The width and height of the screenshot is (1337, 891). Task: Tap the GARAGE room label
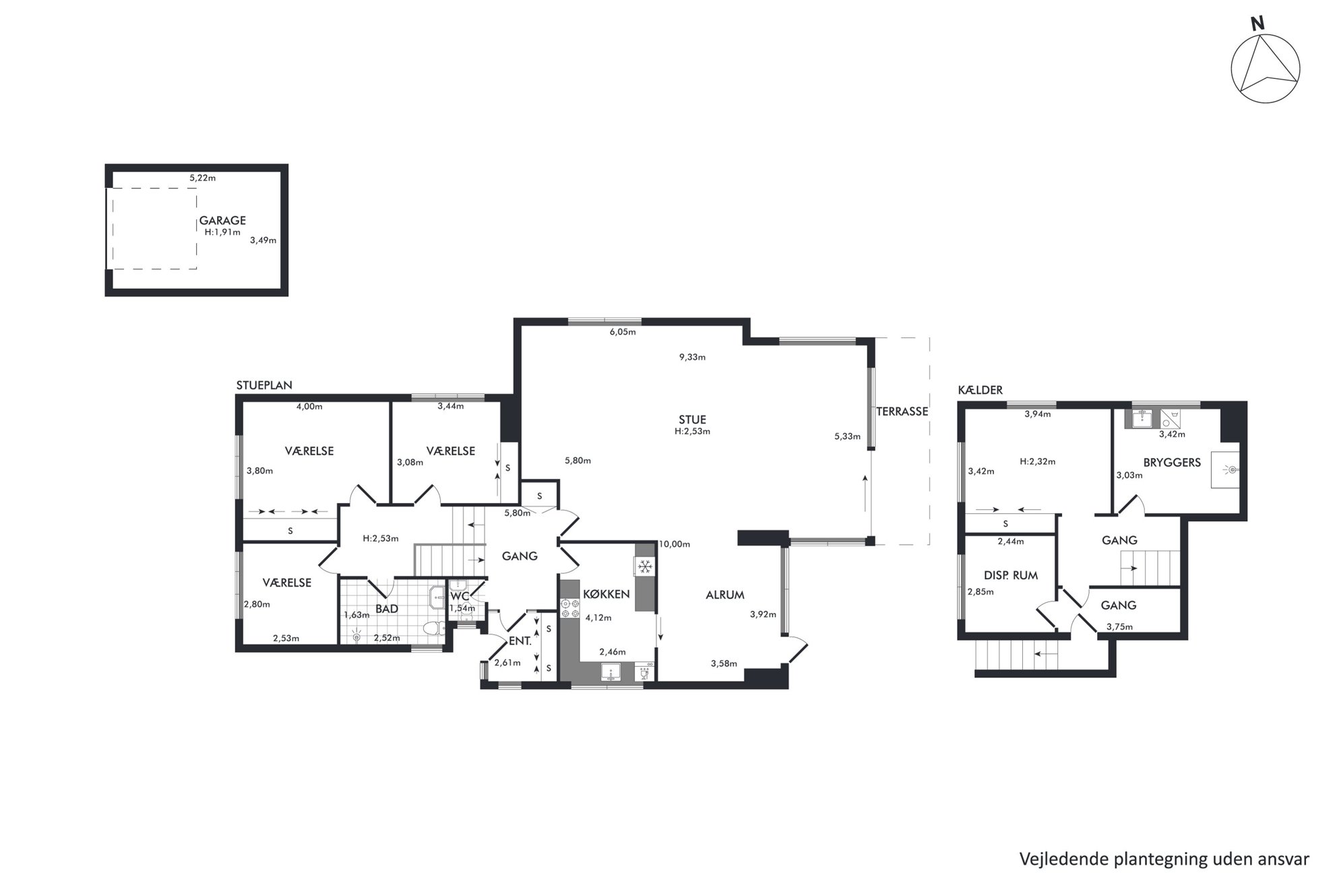tap(222, 220)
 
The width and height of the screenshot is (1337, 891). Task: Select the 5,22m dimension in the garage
tap(202, 178)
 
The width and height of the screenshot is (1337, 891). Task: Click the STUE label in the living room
tap(692, 420)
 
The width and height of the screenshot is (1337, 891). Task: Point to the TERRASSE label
tap(902, 411)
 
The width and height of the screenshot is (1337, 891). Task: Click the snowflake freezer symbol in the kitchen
tap(644, 566)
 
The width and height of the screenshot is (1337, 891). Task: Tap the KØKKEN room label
tap(607, 594)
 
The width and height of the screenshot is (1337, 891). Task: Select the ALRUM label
tap(725, 595)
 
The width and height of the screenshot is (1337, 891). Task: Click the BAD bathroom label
tap(387, 609)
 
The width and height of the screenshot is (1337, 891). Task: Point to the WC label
tap(460, 596)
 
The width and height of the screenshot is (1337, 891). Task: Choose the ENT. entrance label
tap(520, 641)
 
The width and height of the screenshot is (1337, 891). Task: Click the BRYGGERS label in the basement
tap(1172, 463)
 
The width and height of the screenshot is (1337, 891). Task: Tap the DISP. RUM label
tap(1011, 575)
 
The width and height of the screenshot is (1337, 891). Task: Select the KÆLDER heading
tap(981, 390)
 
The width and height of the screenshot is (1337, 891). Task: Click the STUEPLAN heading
tap(264, 385)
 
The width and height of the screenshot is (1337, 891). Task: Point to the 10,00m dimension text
tap(675, 544)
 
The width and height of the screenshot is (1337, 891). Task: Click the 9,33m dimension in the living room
tap(692, 357)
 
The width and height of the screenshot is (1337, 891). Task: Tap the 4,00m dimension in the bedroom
tap(309, 406)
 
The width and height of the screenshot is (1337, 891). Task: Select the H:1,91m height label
tap(222, 232)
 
